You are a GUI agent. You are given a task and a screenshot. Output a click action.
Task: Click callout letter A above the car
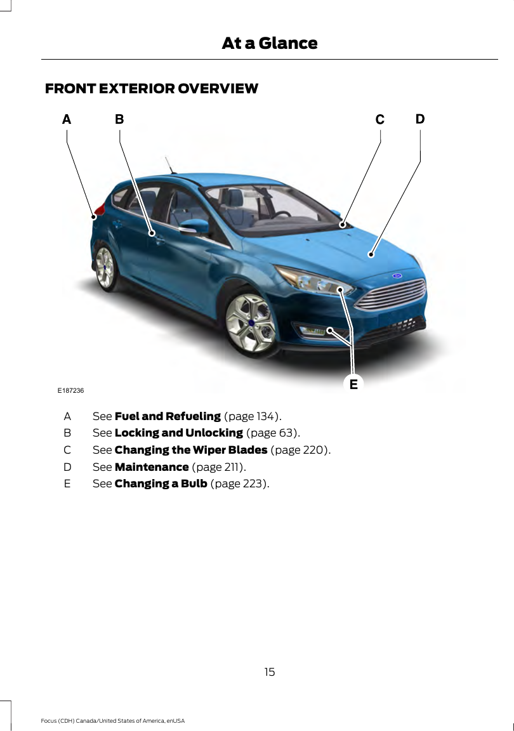(x=67, y=119)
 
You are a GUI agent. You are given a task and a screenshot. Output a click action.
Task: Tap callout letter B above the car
(x=119, y=119)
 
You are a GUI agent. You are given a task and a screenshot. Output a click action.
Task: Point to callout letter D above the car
(x=420, y=119)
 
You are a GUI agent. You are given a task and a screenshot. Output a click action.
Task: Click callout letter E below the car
(x=353, y=383)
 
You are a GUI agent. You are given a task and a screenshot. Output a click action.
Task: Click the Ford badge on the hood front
(x=398, y=276)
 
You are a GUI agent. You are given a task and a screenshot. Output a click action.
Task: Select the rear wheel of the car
(x=105, y=268)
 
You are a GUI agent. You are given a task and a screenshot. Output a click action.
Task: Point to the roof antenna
(x=169, y=164)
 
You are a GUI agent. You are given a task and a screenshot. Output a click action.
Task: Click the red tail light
(x=99, y=210)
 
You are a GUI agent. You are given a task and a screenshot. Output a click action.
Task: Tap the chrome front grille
(x=390, y=294)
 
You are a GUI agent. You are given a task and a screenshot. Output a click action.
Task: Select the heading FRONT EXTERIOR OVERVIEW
(x=152, y=89)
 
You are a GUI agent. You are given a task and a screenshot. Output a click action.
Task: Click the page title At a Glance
(x=269, y=43)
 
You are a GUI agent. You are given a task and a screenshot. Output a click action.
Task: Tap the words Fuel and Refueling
(x=168, y=416)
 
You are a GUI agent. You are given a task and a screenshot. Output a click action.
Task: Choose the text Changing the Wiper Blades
(x=190, y=450)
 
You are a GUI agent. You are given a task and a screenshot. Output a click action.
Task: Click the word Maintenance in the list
(x=151, y=467)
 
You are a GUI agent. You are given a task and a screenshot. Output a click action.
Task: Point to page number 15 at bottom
(x=270, y=671)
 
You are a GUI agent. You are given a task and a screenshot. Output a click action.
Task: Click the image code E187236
(x=71, y=390)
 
